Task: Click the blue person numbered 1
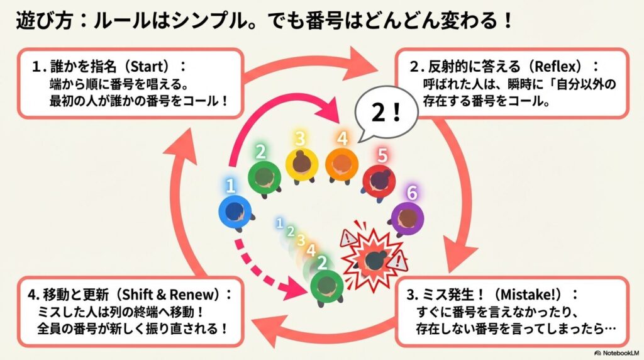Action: point(235,211)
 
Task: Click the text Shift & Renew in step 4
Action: point(179,295)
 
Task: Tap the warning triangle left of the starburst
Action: point(348,238)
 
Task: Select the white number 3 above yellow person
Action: point(301,138)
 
